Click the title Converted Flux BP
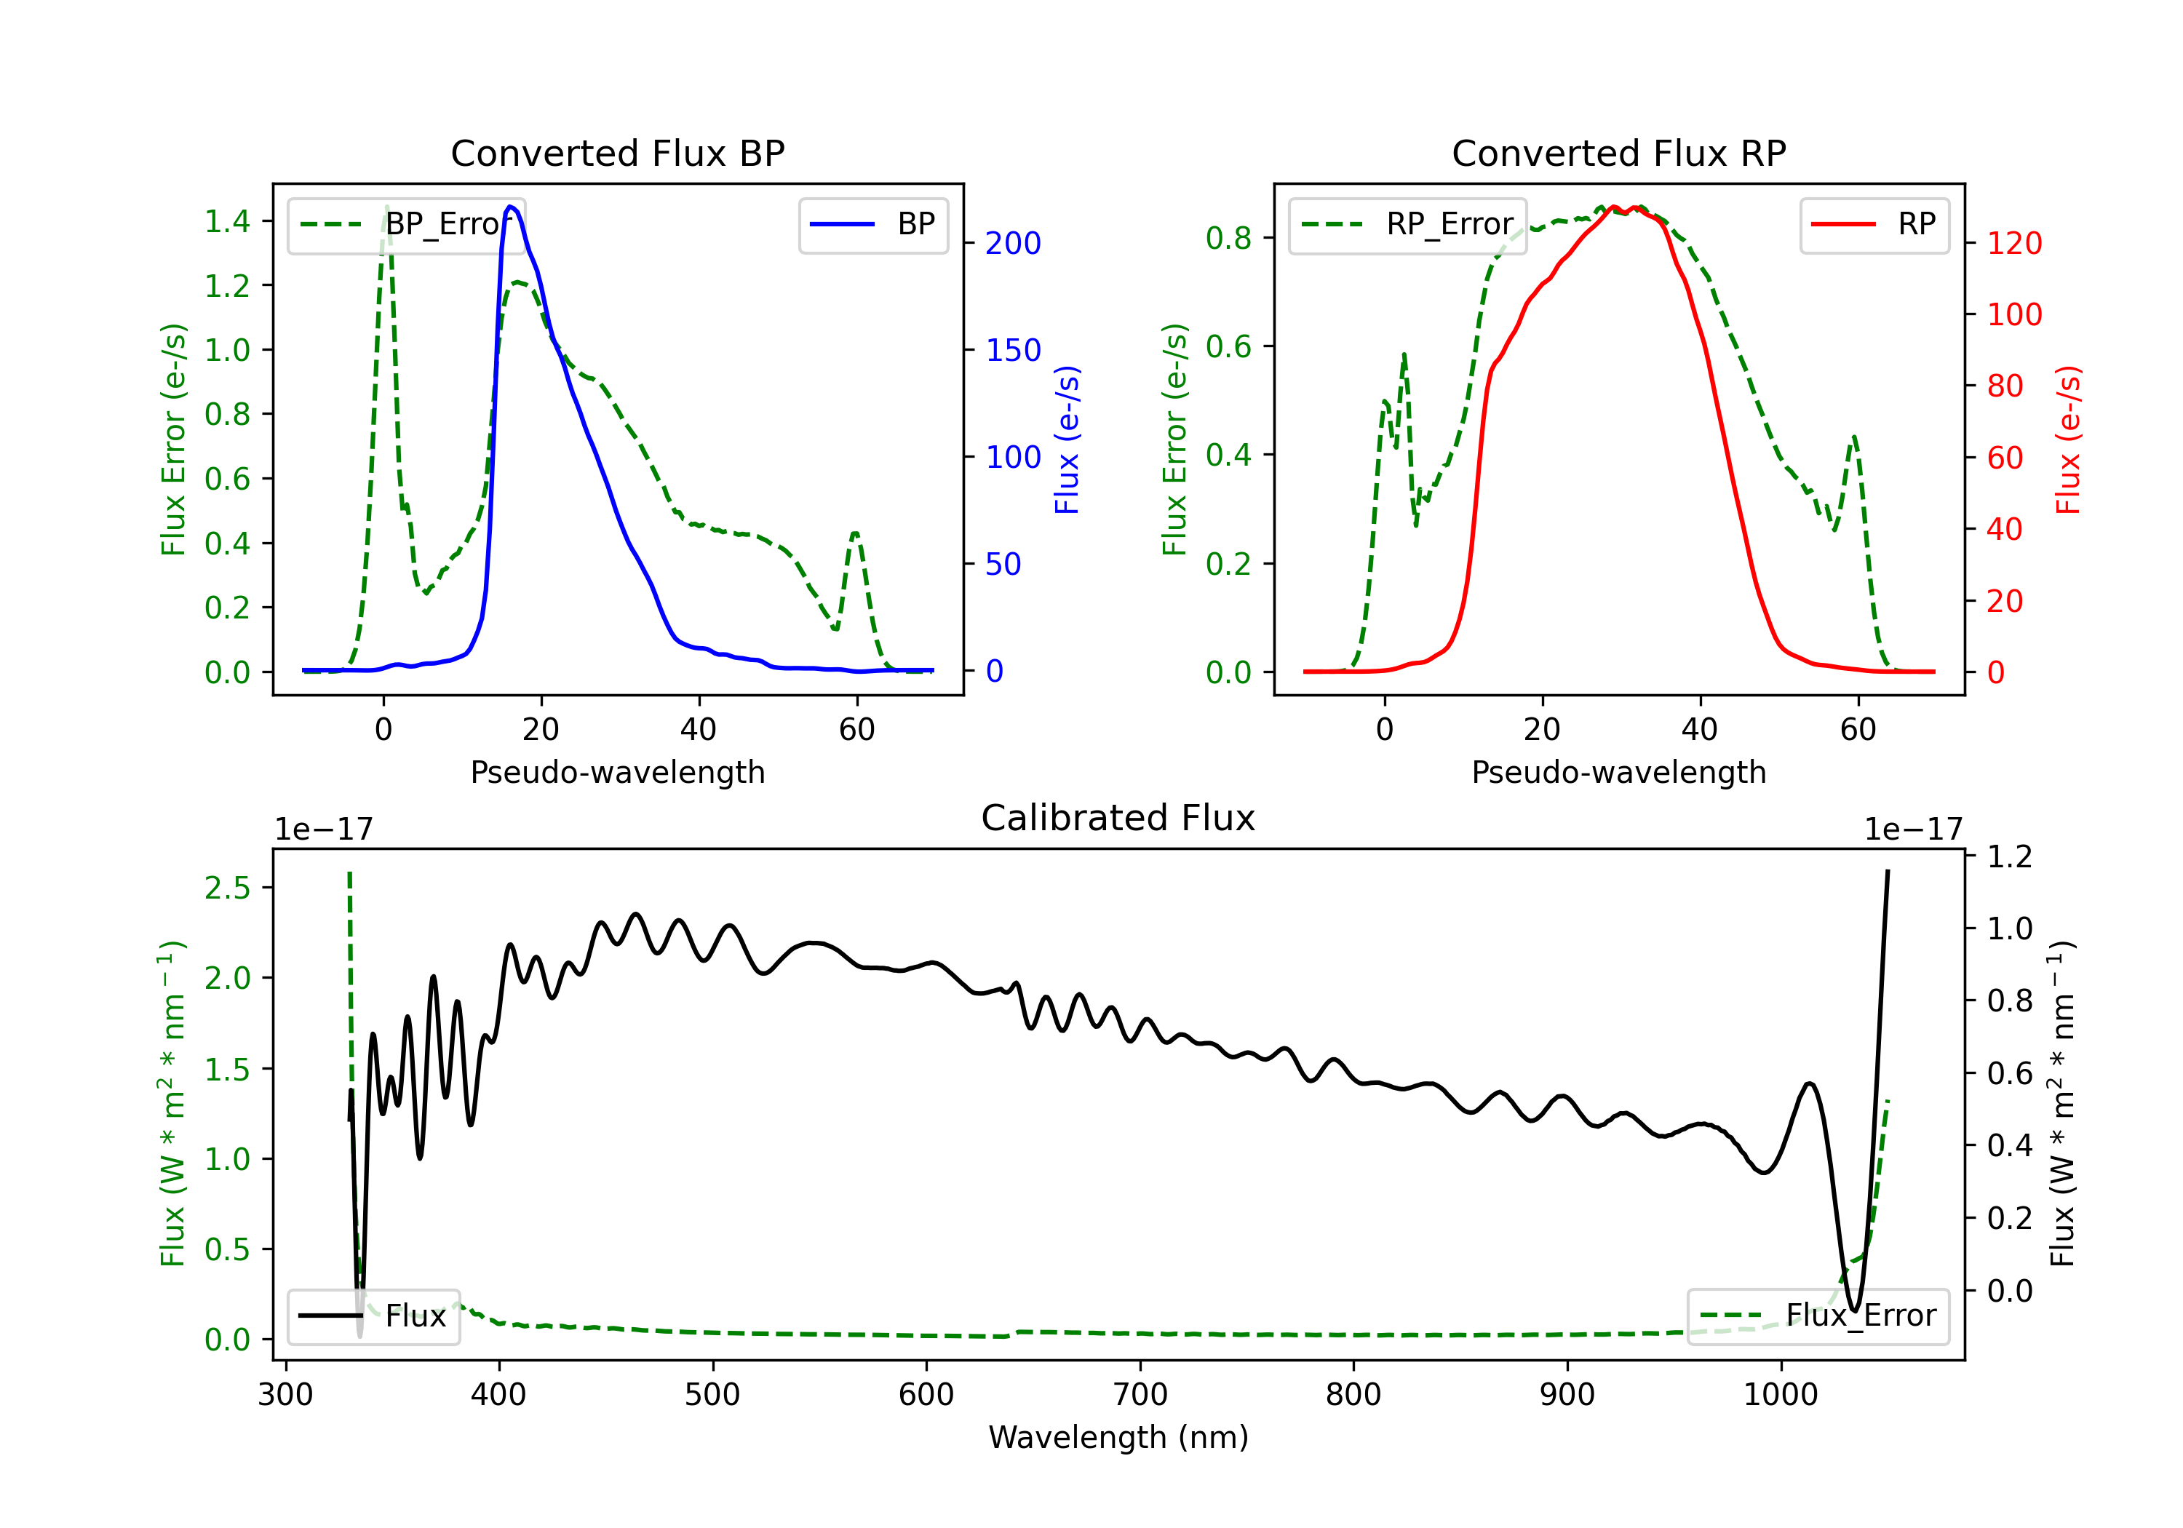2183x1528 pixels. coord(617,153)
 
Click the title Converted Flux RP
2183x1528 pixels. coord(1618,153)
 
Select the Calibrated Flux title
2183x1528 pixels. coord(1118,818)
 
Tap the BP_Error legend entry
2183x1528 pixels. coord(406,224)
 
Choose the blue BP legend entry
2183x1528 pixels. coord(872,224)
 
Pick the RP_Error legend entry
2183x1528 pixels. coord(1407,224)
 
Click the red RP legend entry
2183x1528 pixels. coord(1874,224)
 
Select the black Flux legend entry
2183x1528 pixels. coord(373,1316)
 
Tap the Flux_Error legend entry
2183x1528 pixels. coord(1818,1316)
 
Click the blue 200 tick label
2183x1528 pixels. coord(1013,244)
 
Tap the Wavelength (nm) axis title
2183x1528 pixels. coord(1118,1438)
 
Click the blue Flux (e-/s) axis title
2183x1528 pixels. coord(1067,439)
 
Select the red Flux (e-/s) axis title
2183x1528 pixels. coord(2068,439)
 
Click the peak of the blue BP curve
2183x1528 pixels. coord(511,207)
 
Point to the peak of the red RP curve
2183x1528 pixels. coord(1615,207)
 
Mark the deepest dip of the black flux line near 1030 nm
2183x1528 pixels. coord(1853,1310)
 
